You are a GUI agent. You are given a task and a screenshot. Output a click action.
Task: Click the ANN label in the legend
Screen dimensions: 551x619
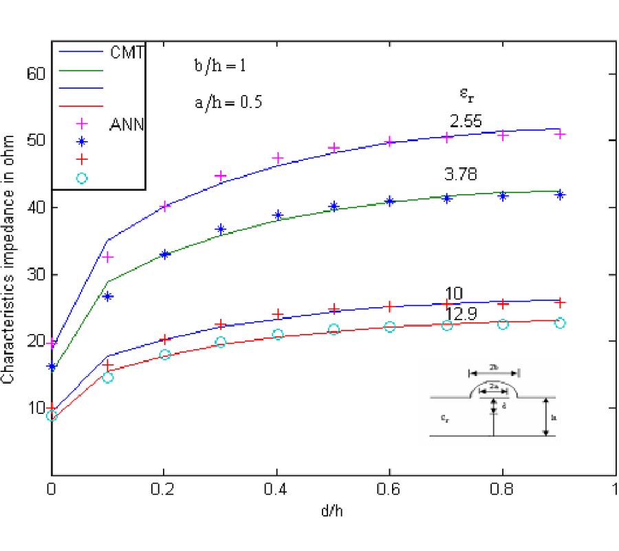pyautogui.click(x=127, y=125)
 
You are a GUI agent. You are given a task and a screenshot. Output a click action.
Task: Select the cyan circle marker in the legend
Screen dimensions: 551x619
pyautogui.click(x=82, y=178)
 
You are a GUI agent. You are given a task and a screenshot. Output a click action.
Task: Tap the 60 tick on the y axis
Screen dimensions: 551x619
pyautogui.click(x=34, y=73)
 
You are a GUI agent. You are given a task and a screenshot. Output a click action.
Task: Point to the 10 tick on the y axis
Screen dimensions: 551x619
pyautogui.click(x=34, y=407)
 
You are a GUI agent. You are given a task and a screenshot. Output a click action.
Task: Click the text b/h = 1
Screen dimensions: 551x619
pyautogui.click(x=219, y=67)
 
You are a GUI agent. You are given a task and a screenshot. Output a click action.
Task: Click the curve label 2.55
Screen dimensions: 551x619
pyautogui.click(x=466, y=122)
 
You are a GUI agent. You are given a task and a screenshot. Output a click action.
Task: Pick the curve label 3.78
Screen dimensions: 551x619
pyautogui.click(x=461, y=176)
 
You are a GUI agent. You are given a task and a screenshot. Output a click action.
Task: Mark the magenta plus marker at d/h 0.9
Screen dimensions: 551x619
pyautogui.click(x=560, y=134)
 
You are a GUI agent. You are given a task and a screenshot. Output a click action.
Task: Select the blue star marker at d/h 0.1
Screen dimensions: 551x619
pyautogui.click(x=108, y=297)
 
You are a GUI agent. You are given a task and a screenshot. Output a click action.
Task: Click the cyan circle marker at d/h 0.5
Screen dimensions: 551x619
pyautogui.click(x=334, y=329)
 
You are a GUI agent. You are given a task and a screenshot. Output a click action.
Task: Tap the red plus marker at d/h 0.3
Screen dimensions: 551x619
pyautogui.click(x=221, y=324)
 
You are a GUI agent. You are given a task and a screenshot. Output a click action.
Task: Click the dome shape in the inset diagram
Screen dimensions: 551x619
pyautogui.click(x=493, y=390)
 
